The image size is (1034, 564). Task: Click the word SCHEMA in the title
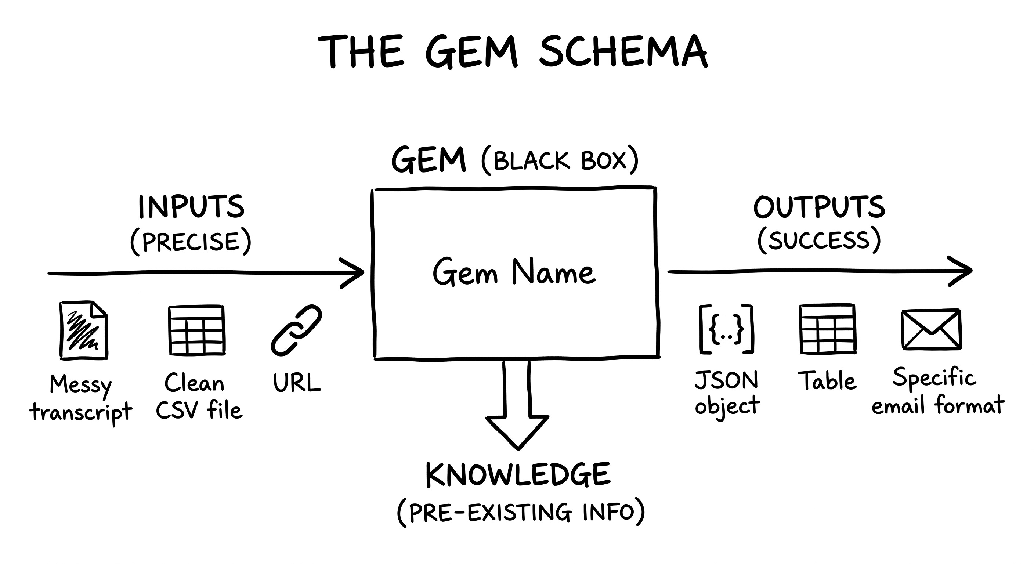(623, 51)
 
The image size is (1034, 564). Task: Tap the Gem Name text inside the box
(514, 272)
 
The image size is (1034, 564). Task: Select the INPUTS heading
(191, 207)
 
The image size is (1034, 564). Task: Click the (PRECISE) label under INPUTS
(191, 242)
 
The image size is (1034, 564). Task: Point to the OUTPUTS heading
(819, 207)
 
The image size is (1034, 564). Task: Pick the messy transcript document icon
(83, 330)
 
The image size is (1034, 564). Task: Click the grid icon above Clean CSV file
(196, 330)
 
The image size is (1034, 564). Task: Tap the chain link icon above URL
(297, 330)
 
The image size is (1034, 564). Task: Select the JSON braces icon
(726, 329)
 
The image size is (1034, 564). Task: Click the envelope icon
(931, 329)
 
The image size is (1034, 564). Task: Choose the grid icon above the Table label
(828, 329)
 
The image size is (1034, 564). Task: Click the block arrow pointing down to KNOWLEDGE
(517, 405)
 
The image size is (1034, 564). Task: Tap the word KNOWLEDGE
(518, 475)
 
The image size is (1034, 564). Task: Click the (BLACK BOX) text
(560, 161)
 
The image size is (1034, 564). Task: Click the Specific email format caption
(938, 391)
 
